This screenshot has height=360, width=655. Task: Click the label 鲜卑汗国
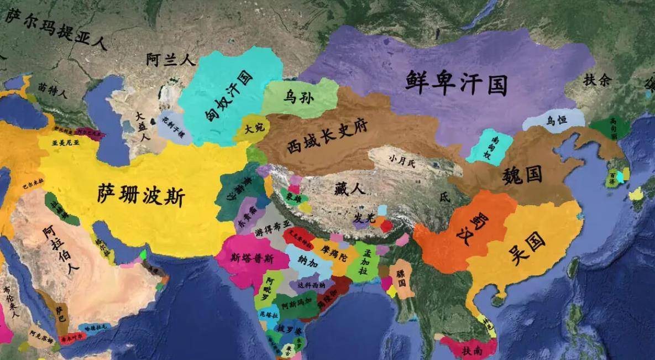point(456,82)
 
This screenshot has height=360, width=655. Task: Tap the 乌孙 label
point(298,98)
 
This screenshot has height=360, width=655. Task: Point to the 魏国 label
point(522,175)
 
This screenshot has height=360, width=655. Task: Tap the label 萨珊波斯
point(141,195)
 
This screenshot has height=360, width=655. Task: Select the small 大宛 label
point(255,128)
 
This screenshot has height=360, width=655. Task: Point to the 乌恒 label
point(557,120)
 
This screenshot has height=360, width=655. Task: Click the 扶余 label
point(597,81)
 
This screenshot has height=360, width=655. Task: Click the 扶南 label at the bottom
point(472,350)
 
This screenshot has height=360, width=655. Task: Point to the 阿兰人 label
point(170,60)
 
